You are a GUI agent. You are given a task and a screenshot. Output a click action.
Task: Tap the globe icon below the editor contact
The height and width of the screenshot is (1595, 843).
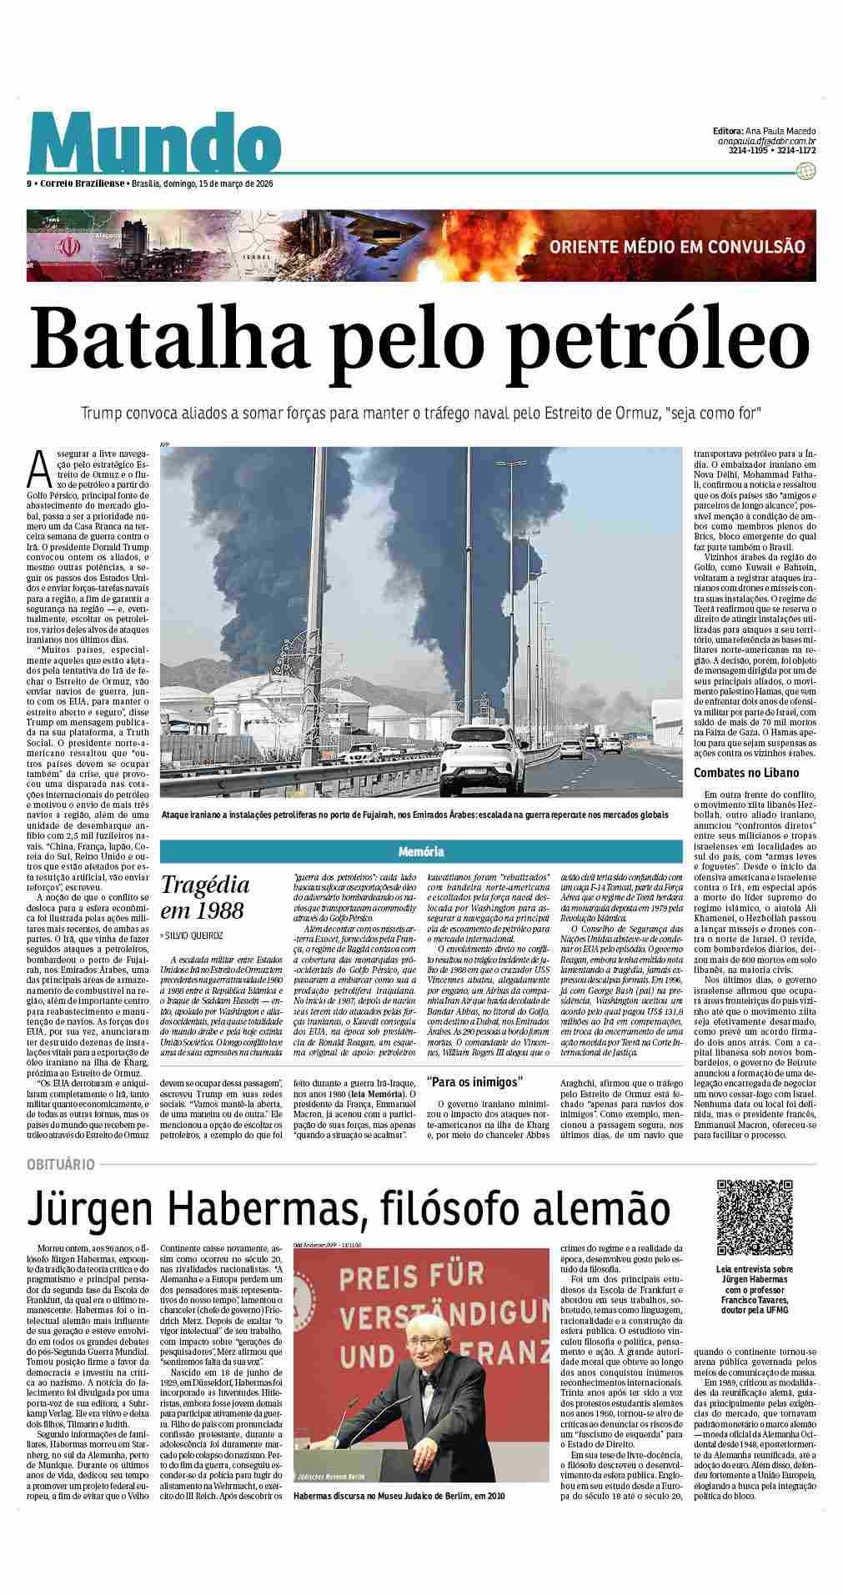point(805,170)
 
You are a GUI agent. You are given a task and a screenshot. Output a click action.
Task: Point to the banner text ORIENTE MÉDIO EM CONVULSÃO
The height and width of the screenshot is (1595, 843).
point(677,247)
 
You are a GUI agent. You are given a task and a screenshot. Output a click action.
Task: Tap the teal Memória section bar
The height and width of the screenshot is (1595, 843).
point(420,851)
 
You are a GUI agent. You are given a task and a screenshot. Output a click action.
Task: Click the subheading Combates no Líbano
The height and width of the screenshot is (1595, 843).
point(742,773)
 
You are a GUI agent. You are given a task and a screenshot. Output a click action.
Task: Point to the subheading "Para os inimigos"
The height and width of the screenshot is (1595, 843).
point(474,1082)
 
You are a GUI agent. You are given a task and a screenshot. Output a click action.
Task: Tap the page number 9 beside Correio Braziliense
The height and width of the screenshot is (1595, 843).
point(29,183)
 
